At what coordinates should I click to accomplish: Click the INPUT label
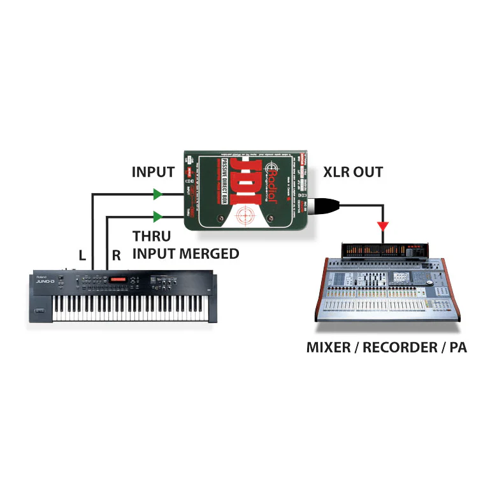(153, 172)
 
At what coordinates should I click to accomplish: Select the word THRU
(152, 236)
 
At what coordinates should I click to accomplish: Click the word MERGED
(209, 254)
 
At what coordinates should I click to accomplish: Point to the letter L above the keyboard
(82, 256)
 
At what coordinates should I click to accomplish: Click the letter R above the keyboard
(117, 256)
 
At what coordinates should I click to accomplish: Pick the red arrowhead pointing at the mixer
(383, 226)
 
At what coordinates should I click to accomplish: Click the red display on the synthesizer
(119, 280)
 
